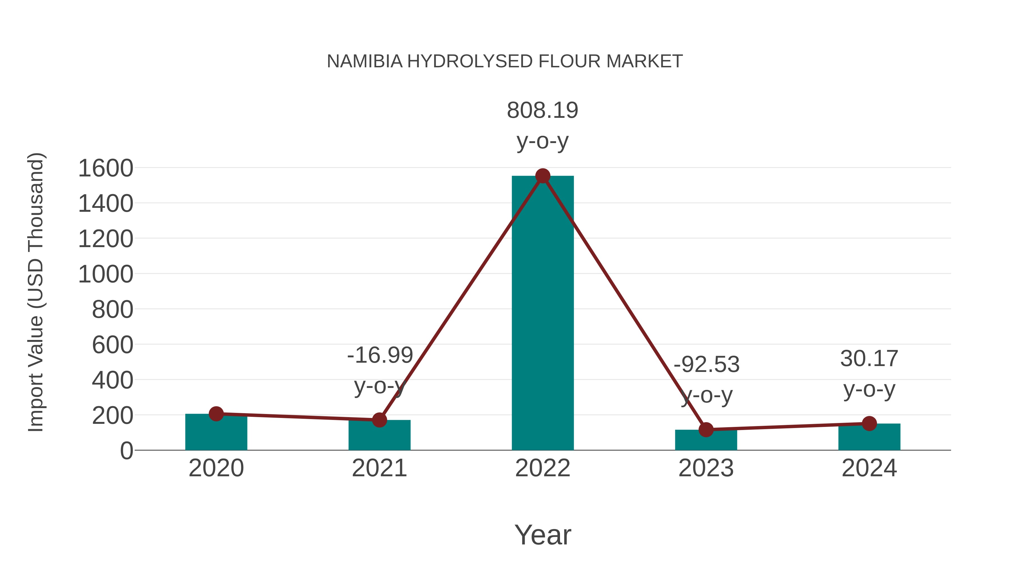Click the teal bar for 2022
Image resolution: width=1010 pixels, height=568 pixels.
(543, 314)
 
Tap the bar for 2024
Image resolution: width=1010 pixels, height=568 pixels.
(869, 437)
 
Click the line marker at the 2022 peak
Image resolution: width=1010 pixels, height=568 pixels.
(543, 176)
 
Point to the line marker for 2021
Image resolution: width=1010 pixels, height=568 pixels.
(379, 420)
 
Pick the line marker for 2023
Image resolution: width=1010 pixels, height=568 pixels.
(706, 430)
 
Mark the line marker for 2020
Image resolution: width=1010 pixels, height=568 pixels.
(216, 413)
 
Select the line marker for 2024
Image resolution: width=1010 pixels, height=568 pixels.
(869, 423)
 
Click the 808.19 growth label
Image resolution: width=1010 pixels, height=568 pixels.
(543, 110)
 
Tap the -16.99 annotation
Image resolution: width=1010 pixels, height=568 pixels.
(380, 355)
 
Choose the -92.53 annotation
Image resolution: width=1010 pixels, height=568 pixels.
(706, 365)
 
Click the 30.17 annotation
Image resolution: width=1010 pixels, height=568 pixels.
(869, 359)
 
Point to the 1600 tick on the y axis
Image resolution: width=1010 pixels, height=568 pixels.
(106, 169)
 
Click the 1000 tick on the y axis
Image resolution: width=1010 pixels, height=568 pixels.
(106, 274)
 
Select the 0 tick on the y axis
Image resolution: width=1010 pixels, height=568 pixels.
(126, 451)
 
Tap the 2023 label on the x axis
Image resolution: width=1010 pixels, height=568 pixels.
(706, 468)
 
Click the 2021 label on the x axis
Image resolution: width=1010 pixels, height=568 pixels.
(379, 468)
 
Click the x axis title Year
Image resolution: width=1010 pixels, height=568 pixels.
(543, 535)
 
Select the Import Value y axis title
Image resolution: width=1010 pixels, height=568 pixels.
(35, 292)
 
